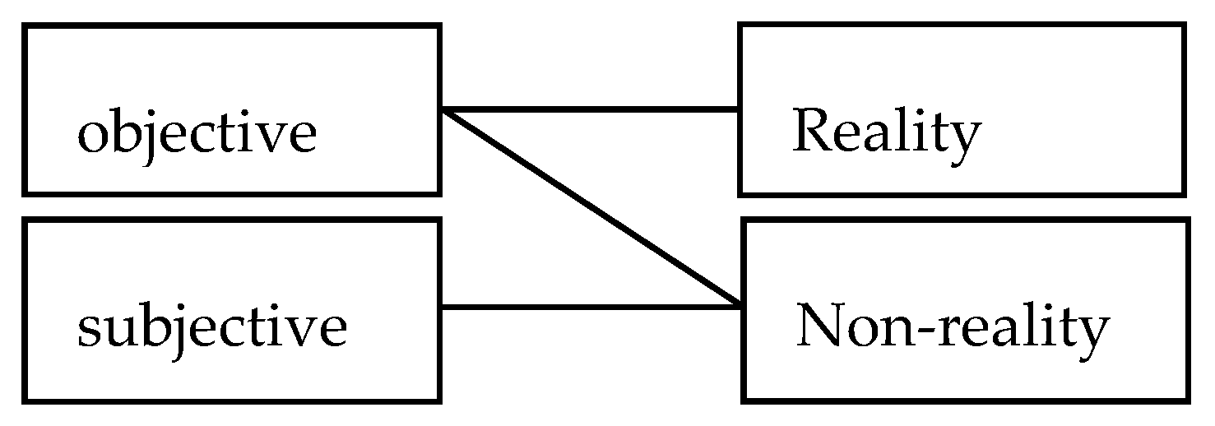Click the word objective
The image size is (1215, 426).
pyautogui.click(x=197, y=133)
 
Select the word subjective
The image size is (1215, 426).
pyautogui.click(x=211, y=327)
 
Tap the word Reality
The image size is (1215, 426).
pyautogui.click(x=887, y=133)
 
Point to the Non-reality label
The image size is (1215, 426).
pyautogui.click(x=952, y=327)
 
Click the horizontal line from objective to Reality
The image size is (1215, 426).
pyautogui.click(x=591, y=109)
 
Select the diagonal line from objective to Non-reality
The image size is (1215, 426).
pyautogui.click(x=591, y=206)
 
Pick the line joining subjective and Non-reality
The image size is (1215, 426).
pyautogui.click(x=591, y=307)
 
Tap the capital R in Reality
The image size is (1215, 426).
pyautogui.click(x=810, y=132)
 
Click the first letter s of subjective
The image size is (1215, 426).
pyautogui.click(x=88, y=331)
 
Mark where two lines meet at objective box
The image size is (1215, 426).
pyautogui.click(x=443, y=109)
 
